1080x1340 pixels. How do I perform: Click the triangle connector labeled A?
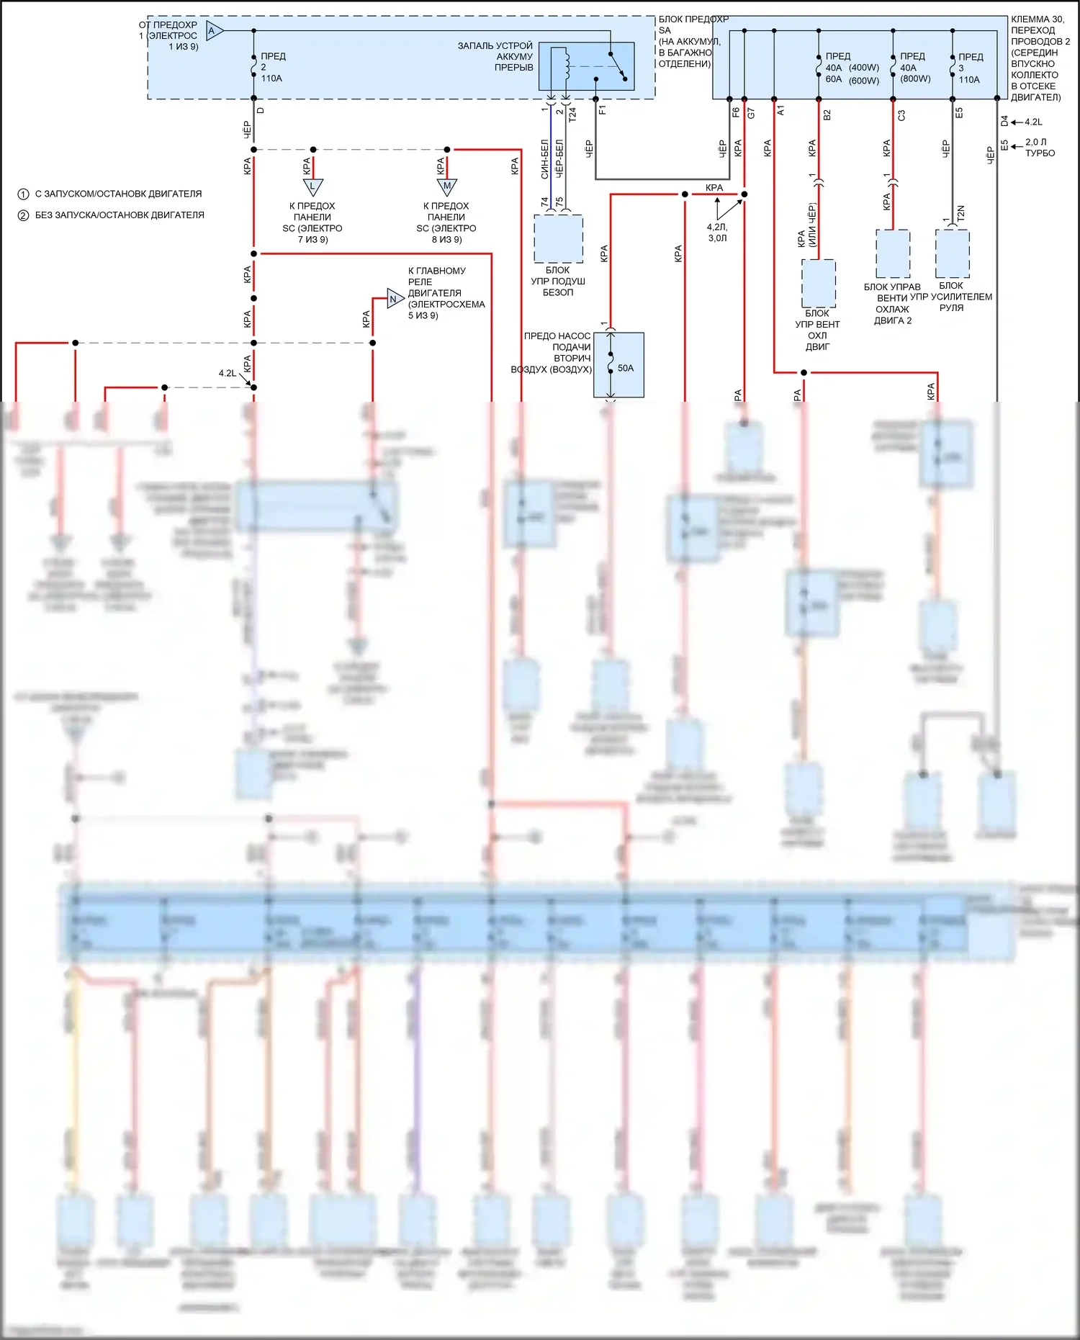[x=214, y=31]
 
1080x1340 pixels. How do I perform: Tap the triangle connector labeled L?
[x=312, y=186]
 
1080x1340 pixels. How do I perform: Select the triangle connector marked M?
[x=447, y=186]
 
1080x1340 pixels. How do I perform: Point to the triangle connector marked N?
[x=395, y=299]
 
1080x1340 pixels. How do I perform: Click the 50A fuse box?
[x=618, y=365]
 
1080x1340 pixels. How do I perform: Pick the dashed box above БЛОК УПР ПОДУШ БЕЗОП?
[x=558, y=238]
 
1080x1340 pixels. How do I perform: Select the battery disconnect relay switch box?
[x=587, y=66]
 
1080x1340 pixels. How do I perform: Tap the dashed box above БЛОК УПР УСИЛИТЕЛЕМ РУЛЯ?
[x=952, y=253]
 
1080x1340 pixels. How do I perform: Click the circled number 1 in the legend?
[x=23, y=194]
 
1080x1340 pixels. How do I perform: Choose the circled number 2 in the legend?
[x=23, y=215]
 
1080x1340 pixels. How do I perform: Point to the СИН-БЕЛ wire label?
[x=545, y=159]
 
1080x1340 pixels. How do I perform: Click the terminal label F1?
[x=603, y=110]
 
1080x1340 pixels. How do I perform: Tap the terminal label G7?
[x=751, y=113]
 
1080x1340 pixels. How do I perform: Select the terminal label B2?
[x=827, y=114]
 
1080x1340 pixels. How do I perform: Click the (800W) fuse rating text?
[x=915, y=79]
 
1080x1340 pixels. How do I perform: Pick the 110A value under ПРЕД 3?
[x=969, y=80]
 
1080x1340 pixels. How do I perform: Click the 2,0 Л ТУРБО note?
[x=1040, y=148]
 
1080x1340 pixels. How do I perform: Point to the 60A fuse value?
[x=833, y=79]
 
